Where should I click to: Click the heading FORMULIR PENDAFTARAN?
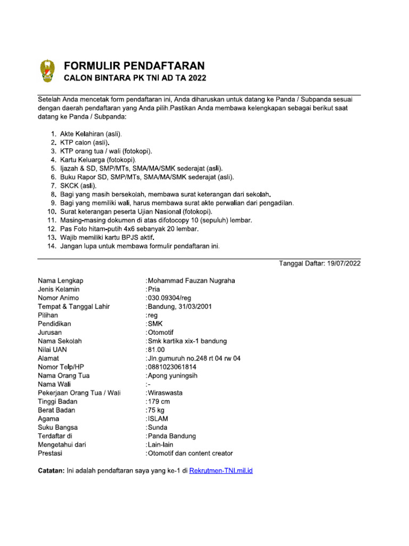[x=134, y=66]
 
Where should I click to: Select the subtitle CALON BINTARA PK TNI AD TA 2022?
[x=135, y=78]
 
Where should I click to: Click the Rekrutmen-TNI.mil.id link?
[x=221, y=471]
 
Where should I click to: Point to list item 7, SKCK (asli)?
[x=79, y=186]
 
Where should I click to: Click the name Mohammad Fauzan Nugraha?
[x=191, y=280]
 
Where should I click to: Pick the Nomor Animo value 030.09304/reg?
[x=171, y=298]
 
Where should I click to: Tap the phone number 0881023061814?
[x=171, y=367]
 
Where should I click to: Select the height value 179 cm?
[x=158, y=402]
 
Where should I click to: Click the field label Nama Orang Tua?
[x=63, y=375]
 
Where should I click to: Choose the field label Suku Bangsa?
[x=58, y=428]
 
